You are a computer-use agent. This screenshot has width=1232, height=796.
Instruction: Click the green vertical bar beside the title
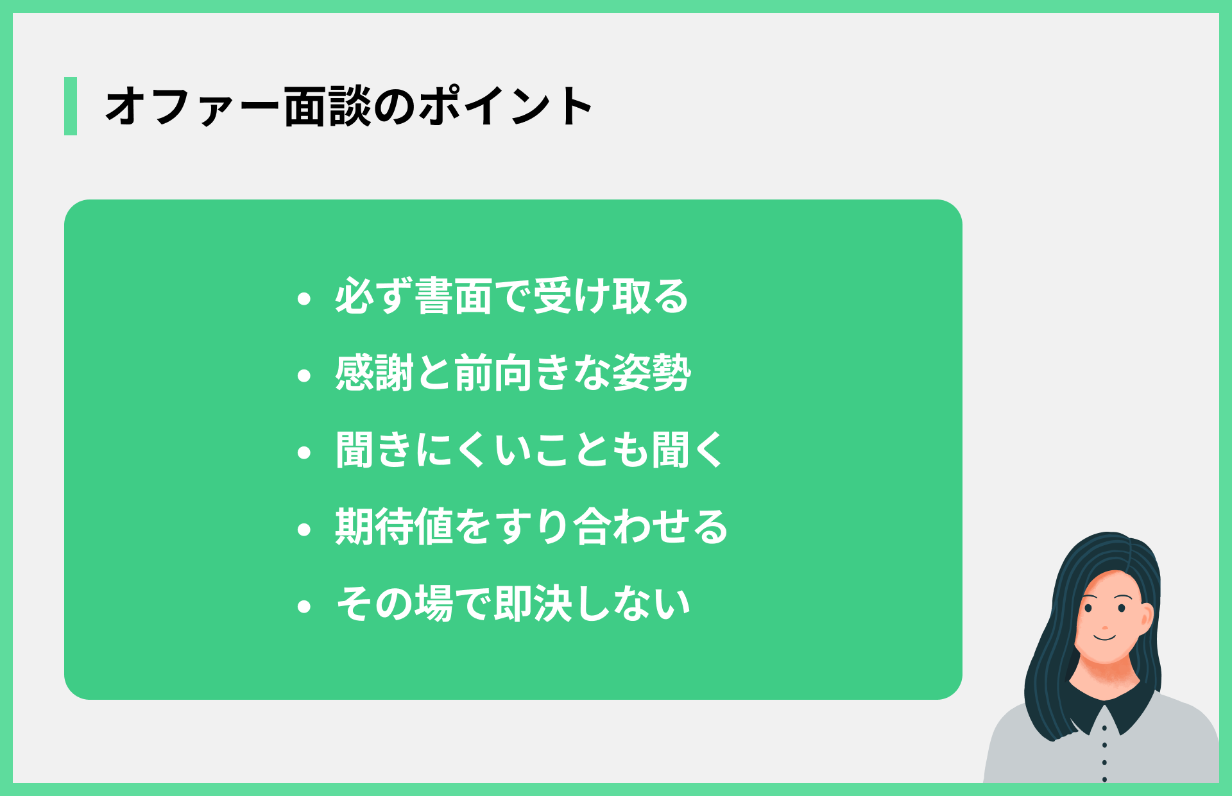(71, 106)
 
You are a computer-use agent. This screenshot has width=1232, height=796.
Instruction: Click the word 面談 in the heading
(327, 106)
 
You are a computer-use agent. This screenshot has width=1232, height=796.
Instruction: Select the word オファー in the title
(193, 106)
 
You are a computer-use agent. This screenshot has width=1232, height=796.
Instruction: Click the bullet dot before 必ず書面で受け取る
(304, 298)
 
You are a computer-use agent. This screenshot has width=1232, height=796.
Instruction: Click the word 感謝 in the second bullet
(374, 373)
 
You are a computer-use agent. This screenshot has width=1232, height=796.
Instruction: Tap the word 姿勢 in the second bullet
(651, 373)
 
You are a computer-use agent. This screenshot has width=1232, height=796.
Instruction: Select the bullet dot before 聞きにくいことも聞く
(304, 452)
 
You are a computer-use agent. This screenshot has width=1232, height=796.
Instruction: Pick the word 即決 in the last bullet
(532, 604)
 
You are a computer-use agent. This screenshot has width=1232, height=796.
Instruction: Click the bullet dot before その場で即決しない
(304, 606)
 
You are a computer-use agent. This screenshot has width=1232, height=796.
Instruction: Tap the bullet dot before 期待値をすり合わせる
(304, 529)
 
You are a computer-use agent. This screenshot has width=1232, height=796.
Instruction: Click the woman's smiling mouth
(1105, 638)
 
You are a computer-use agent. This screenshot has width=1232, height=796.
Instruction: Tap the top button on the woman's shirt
(1104, 729)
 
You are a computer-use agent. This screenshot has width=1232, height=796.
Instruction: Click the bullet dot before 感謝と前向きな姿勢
(304, 375)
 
